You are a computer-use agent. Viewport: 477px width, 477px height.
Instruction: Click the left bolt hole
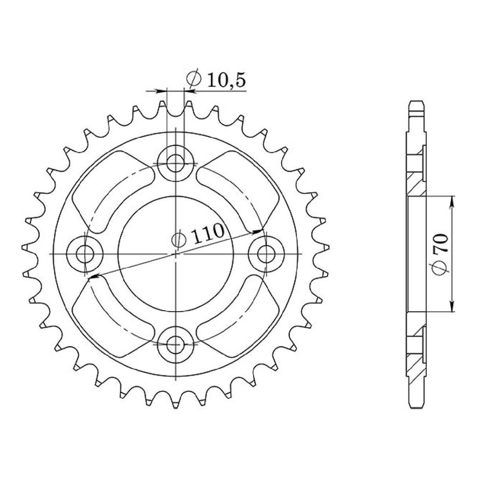pos(84,254)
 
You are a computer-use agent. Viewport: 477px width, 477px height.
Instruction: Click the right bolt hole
pos(266,254)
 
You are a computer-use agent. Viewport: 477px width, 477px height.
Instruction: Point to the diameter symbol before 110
pos(178,239)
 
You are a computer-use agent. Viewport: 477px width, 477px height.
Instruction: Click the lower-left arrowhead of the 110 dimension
pos(93,277)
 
